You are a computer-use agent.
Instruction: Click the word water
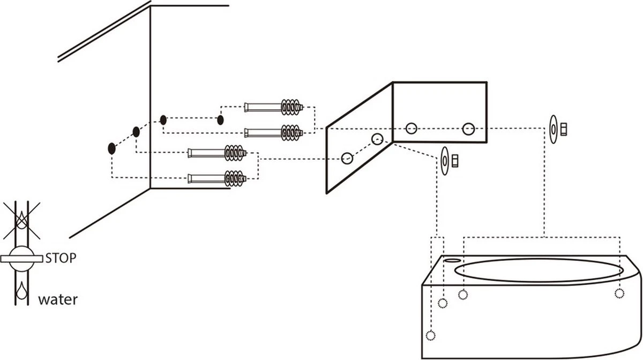click(57, 299)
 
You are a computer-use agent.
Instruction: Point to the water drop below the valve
click(21, 289)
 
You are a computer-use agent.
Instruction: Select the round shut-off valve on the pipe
click(21, 257)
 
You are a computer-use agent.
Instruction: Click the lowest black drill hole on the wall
click(111, 148)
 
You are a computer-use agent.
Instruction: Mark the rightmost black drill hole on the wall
click(220, 119)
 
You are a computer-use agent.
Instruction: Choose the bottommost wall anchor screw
click(217, 177)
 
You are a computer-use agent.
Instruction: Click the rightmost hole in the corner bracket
click(469, 129)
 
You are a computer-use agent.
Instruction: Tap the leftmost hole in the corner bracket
click(347, 159)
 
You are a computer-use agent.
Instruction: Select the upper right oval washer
click(554, 129)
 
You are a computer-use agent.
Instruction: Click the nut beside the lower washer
click(455, 160)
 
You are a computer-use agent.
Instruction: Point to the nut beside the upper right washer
click(564, 129)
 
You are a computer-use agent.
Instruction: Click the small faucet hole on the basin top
click(453, 260)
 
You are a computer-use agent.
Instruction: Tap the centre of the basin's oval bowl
click(539, 269)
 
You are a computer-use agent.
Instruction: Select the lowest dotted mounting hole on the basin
click(430, 336)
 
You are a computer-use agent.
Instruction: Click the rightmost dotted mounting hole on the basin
click(619, 293)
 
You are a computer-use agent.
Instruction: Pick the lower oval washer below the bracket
click(444, 160)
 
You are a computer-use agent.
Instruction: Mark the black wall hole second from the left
click(136, 132)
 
